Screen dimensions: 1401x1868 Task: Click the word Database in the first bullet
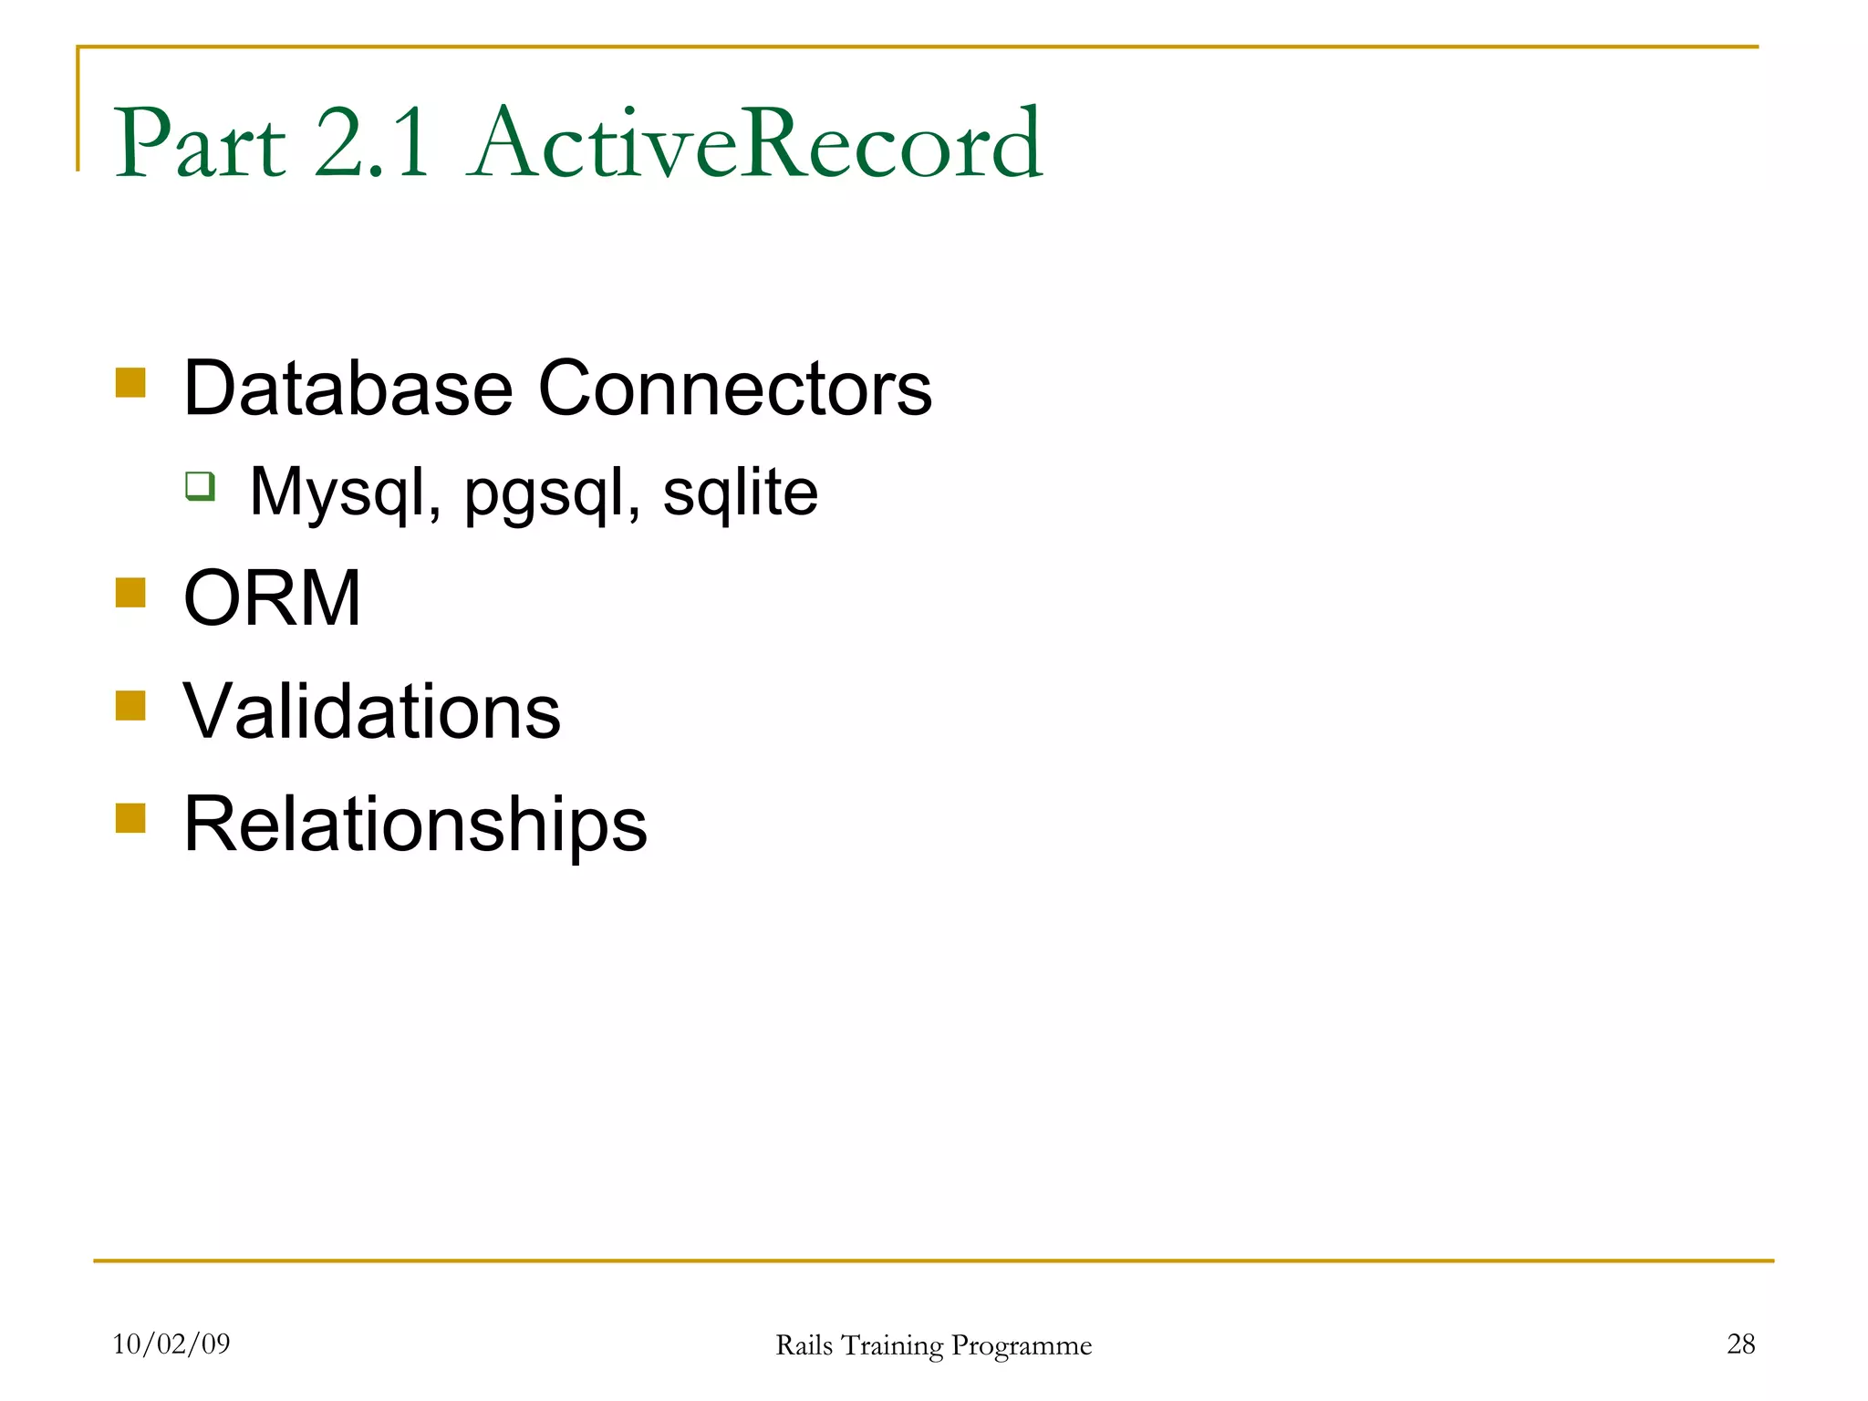(348, 389)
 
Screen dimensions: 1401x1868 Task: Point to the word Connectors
(735, 389)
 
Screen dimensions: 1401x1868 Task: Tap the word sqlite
(740, 493)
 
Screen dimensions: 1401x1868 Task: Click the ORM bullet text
(272, 598)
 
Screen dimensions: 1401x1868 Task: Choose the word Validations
(371, 711)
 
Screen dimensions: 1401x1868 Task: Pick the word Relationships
(415, 825)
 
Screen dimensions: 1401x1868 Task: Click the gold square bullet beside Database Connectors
(131, 382)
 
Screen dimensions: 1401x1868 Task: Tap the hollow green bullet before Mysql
(201, 485)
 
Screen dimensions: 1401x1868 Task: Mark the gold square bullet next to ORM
(131, 593)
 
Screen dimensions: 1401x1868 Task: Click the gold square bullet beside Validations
(131, 705)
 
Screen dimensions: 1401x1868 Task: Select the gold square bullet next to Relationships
(131, 818)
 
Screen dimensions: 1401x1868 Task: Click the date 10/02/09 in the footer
(171, 1344)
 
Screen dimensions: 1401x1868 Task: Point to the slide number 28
(1740, 1344)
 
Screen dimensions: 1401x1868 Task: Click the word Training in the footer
(891, 1346)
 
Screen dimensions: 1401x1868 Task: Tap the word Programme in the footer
(1021, 1346)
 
